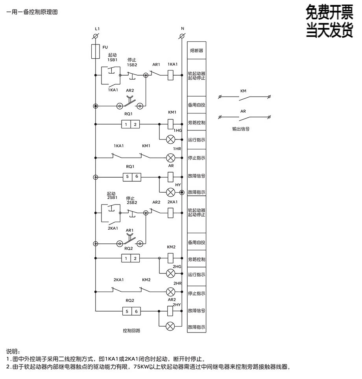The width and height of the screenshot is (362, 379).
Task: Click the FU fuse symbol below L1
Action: pos(95,52)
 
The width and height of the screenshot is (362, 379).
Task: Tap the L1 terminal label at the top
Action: pos(97,29)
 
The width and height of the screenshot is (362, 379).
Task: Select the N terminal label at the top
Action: pos(182,29)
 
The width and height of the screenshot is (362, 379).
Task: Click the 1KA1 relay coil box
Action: pos(171,74)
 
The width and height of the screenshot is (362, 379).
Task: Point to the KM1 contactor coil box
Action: pos(171,124)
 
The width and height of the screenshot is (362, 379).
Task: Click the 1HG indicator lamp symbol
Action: pos(171,139)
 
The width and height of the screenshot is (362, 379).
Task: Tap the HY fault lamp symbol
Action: pos(171,192)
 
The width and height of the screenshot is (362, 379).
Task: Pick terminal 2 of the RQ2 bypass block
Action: pos(135,258)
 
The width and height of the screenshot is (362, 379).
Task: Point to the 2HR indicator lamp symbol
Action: pos(171,292)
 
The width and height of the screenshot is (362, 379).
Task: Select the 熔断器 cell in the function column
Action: pos(196,51)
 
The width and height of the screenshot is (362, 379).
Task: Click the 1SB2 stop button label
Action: pos(132,65)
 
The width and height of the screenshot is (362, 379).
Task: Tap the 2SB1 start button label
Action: pos(112,197)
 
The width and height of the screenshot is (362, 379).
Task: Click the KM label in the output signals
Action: pos(243,91)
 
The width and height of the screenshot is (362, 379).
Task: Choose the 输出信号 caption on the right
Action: pos(240,129)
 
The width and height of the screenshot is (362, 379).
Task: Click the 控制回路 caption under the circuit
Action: pos(131,331)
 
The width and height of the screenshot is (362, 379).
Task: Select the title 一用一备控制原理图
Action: pos(32,12)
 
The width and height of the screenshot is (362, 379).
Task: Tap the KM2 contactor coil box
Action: pos(171,258)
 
